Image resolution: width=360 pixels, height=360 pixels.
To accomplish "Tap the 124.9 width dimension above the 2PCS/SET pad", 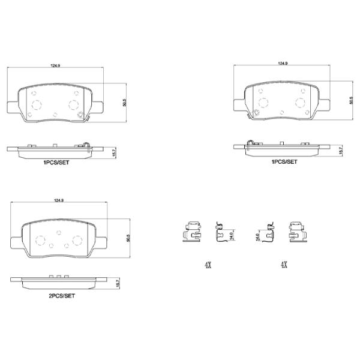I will click(59, 201).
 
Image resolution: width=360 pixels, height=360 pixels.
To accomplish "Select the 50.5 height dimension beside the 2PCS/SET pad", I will click(127, 238).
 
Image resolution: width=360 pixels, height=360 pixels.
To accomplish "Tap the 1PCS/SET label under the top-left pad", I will click(56, 162).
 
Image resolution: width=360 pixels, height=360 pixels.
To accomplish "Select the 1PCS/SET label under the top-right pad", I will click(284, 161).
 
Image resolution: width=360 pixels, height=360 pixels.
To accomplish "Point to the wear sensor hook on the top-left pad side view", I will click(86, 143).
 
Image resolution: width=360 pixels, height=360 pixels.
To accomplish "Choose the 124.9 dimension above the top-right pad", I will click(283, 62).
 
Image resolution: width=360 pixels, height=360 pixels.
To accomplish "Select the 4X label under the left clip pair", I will click(208, 264).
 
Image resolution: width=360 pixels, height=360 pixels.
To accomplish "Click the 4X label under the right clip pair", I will click(283, 264).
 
